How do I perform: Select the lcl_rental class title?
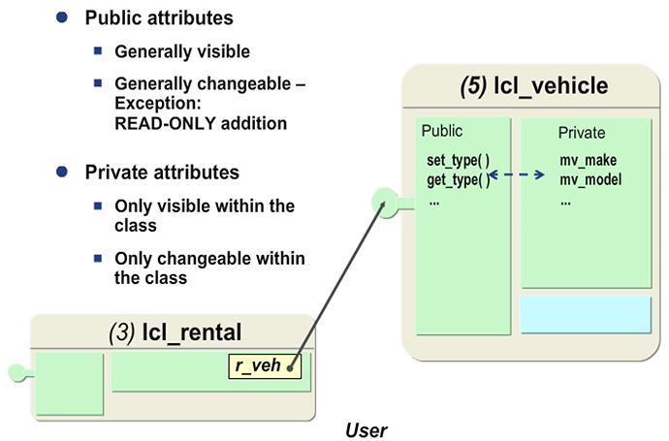[x=192, y=332]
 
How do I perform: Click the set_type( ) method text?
[x=458, y=159]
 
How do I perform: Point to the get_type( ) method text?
[x=458, y=179]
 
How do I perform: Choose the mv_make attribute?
[x=588, y=159]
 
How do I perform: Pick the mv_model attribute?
[x=590, y=179]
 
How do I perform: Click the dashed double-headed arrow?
[x=518, y=175]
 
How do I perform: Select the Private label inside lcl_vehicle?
[x=582, y=132]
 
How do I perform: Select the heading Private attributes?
[x=162, y=173]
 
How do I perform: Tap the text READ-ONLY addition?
[x=201, y=123]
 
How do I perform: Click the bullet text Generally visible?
[x=181, y=52]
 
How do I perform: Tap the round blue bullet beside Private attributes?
[x=63, y=172]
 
